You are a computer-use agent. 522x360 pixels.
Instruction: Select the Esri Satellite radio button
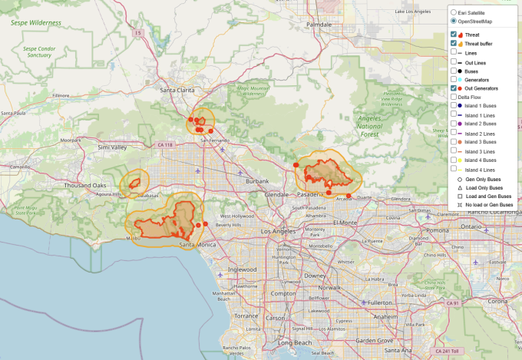click(x=453, y=13)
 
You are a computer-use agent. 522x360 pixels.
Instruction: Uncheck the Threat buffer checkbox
click(x=454, y=44)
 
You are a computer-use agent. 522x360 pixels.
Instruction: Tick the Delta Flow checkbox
click(x=454, y=97)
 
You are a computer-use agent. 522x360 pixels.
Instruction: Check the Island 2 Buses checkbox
click(x=454, y=124)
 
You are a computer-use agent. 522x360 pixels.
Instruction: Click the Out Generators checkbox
click(x=454, y=88)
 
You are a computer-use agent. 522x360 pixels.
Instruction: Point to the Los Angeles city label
click(x=279, y=231)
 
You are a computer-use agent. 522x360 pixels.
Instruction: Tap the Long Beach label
click(x=295, y=342)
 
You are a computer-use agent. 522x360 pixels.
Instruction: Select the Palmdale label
click(x=319, y=25)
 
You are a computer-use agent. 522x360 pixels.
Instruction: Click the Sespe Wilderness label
click(x=36, y=24)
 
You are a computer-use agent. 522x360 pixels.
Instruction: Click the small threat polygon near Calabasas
click(x=134, y=183)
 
